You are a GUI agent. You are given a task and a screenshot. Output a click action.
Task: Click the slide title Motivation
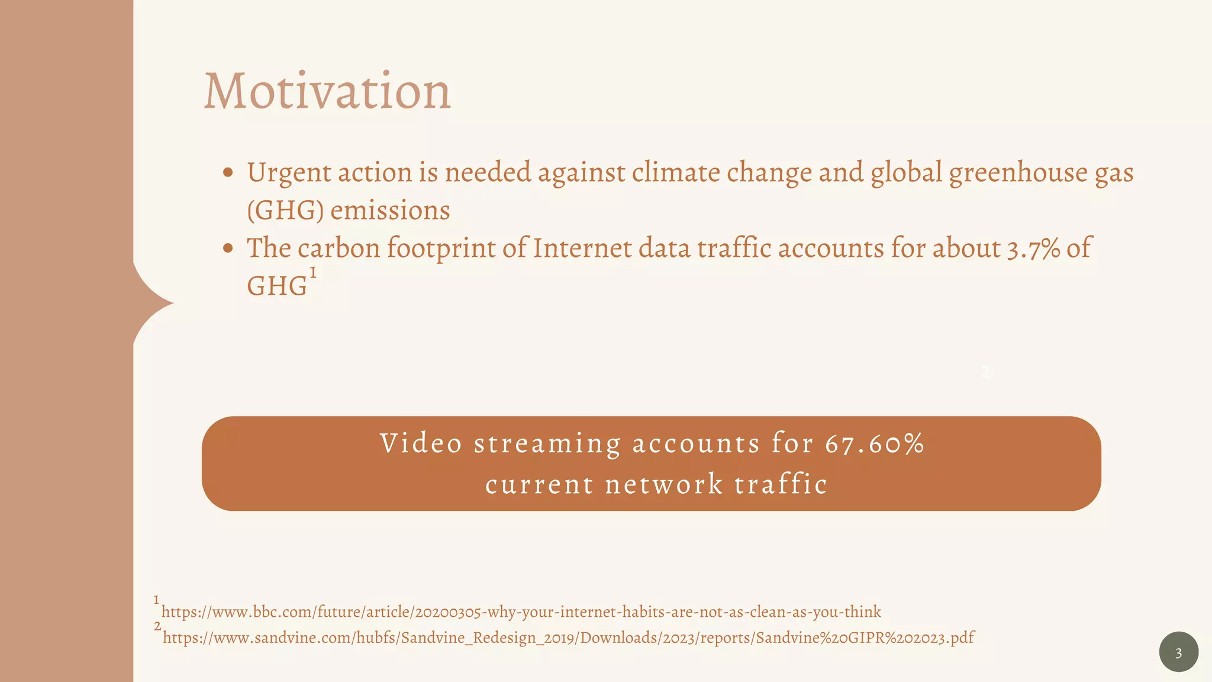click(327, 91)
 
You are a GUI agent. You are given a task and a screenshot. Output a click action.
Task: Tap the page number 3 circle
click(1178, 652)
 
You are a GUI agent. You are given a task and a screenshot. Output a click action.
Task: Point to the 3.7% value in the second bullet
click(1033, 249)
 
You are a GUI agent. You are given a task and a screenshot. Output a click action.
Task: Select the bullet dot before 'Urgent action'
click(228, 173)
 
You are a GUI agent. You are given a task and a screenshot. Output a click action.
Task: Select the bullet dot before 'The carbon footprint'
click(228, 249)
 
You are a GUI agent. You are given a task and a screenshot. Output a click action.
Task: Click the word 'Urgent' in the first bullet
click(289, 173)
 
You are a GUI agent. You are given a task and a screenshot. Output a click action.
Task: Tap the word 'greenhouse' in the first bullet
click(1018, 173)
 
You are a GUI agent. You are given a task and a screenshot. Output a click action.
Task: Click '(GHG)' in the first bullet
click(285, 211)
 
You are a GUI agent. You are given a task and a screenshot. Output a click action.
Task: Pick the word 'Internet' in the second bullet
click(582, 249)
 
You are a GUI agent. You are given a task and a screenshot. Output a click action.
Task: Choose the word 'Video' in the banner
click(421, 444)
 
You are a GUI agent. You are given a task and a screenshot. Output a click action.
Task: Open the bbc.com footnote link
click(521, 612)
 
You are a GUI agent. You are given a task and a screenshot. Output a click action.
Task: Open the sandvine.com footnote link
click(568, 638)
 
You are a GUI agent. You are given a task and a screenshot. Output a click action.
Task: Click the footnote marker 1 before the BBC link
click(156, 600)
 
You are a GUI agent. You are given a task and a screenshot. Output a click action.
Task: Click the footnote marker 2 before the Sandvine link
click(157, 626)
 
